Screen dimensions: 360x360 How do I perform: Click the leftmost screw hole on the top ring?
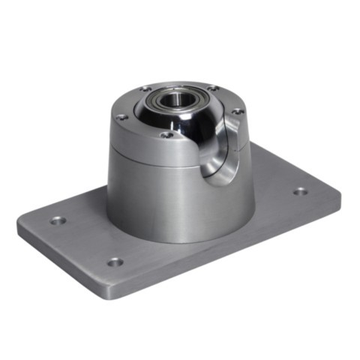[121, 117]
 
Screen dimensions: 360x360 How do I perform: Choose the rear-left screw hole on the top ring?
[145, 89]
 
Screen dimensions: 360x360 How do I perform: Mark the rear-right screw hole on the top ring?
[212, 87]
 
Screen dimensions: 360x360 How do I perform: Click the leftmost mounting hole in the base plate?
[58, 220]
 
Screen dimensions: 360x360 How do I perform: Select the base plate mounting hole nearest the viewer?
[114, 262]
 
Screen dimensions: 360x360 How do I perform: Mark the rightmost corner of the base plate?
[340, 196]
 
